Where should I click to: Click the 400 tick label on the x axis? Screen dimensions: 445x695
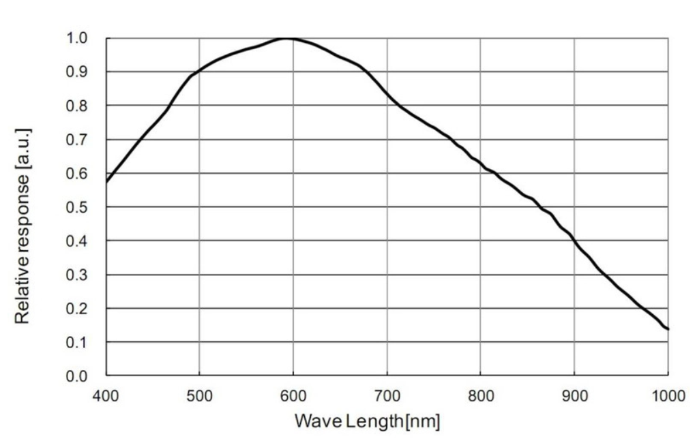(106, 395)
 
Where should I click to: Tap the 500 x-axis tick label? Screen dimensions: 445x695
(199, 395)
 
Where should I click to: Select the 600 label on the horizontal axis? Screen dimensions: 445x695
(293, 395)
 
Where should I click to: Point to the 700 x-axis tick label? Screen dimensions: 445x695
(387, 395)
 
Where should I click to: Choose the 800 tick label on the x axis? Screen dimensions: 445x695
(480, 395)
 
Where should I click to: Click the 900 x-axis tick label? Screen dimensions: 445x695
(574, 395)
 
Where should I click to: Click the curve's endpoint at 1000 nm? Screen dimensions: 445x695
(668, 329)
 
